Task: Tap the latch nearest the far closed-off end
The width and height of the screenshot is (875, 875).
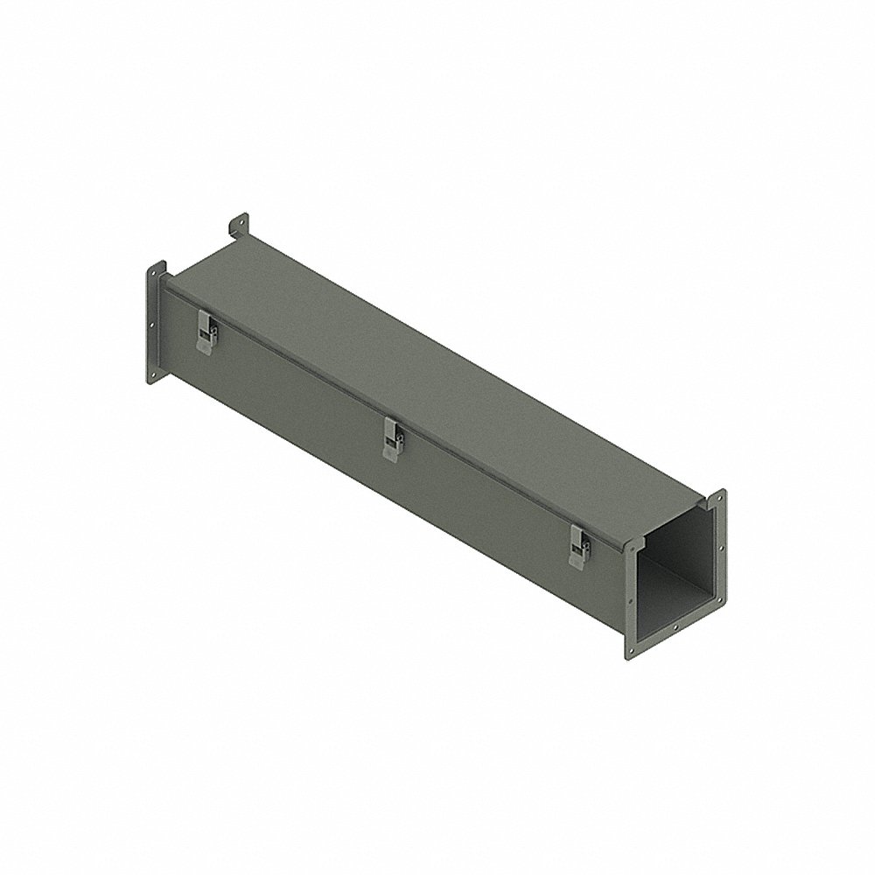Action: pos(206,334)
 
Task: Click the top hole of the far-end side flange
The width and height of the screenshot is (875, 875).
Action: pos(152,278)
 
